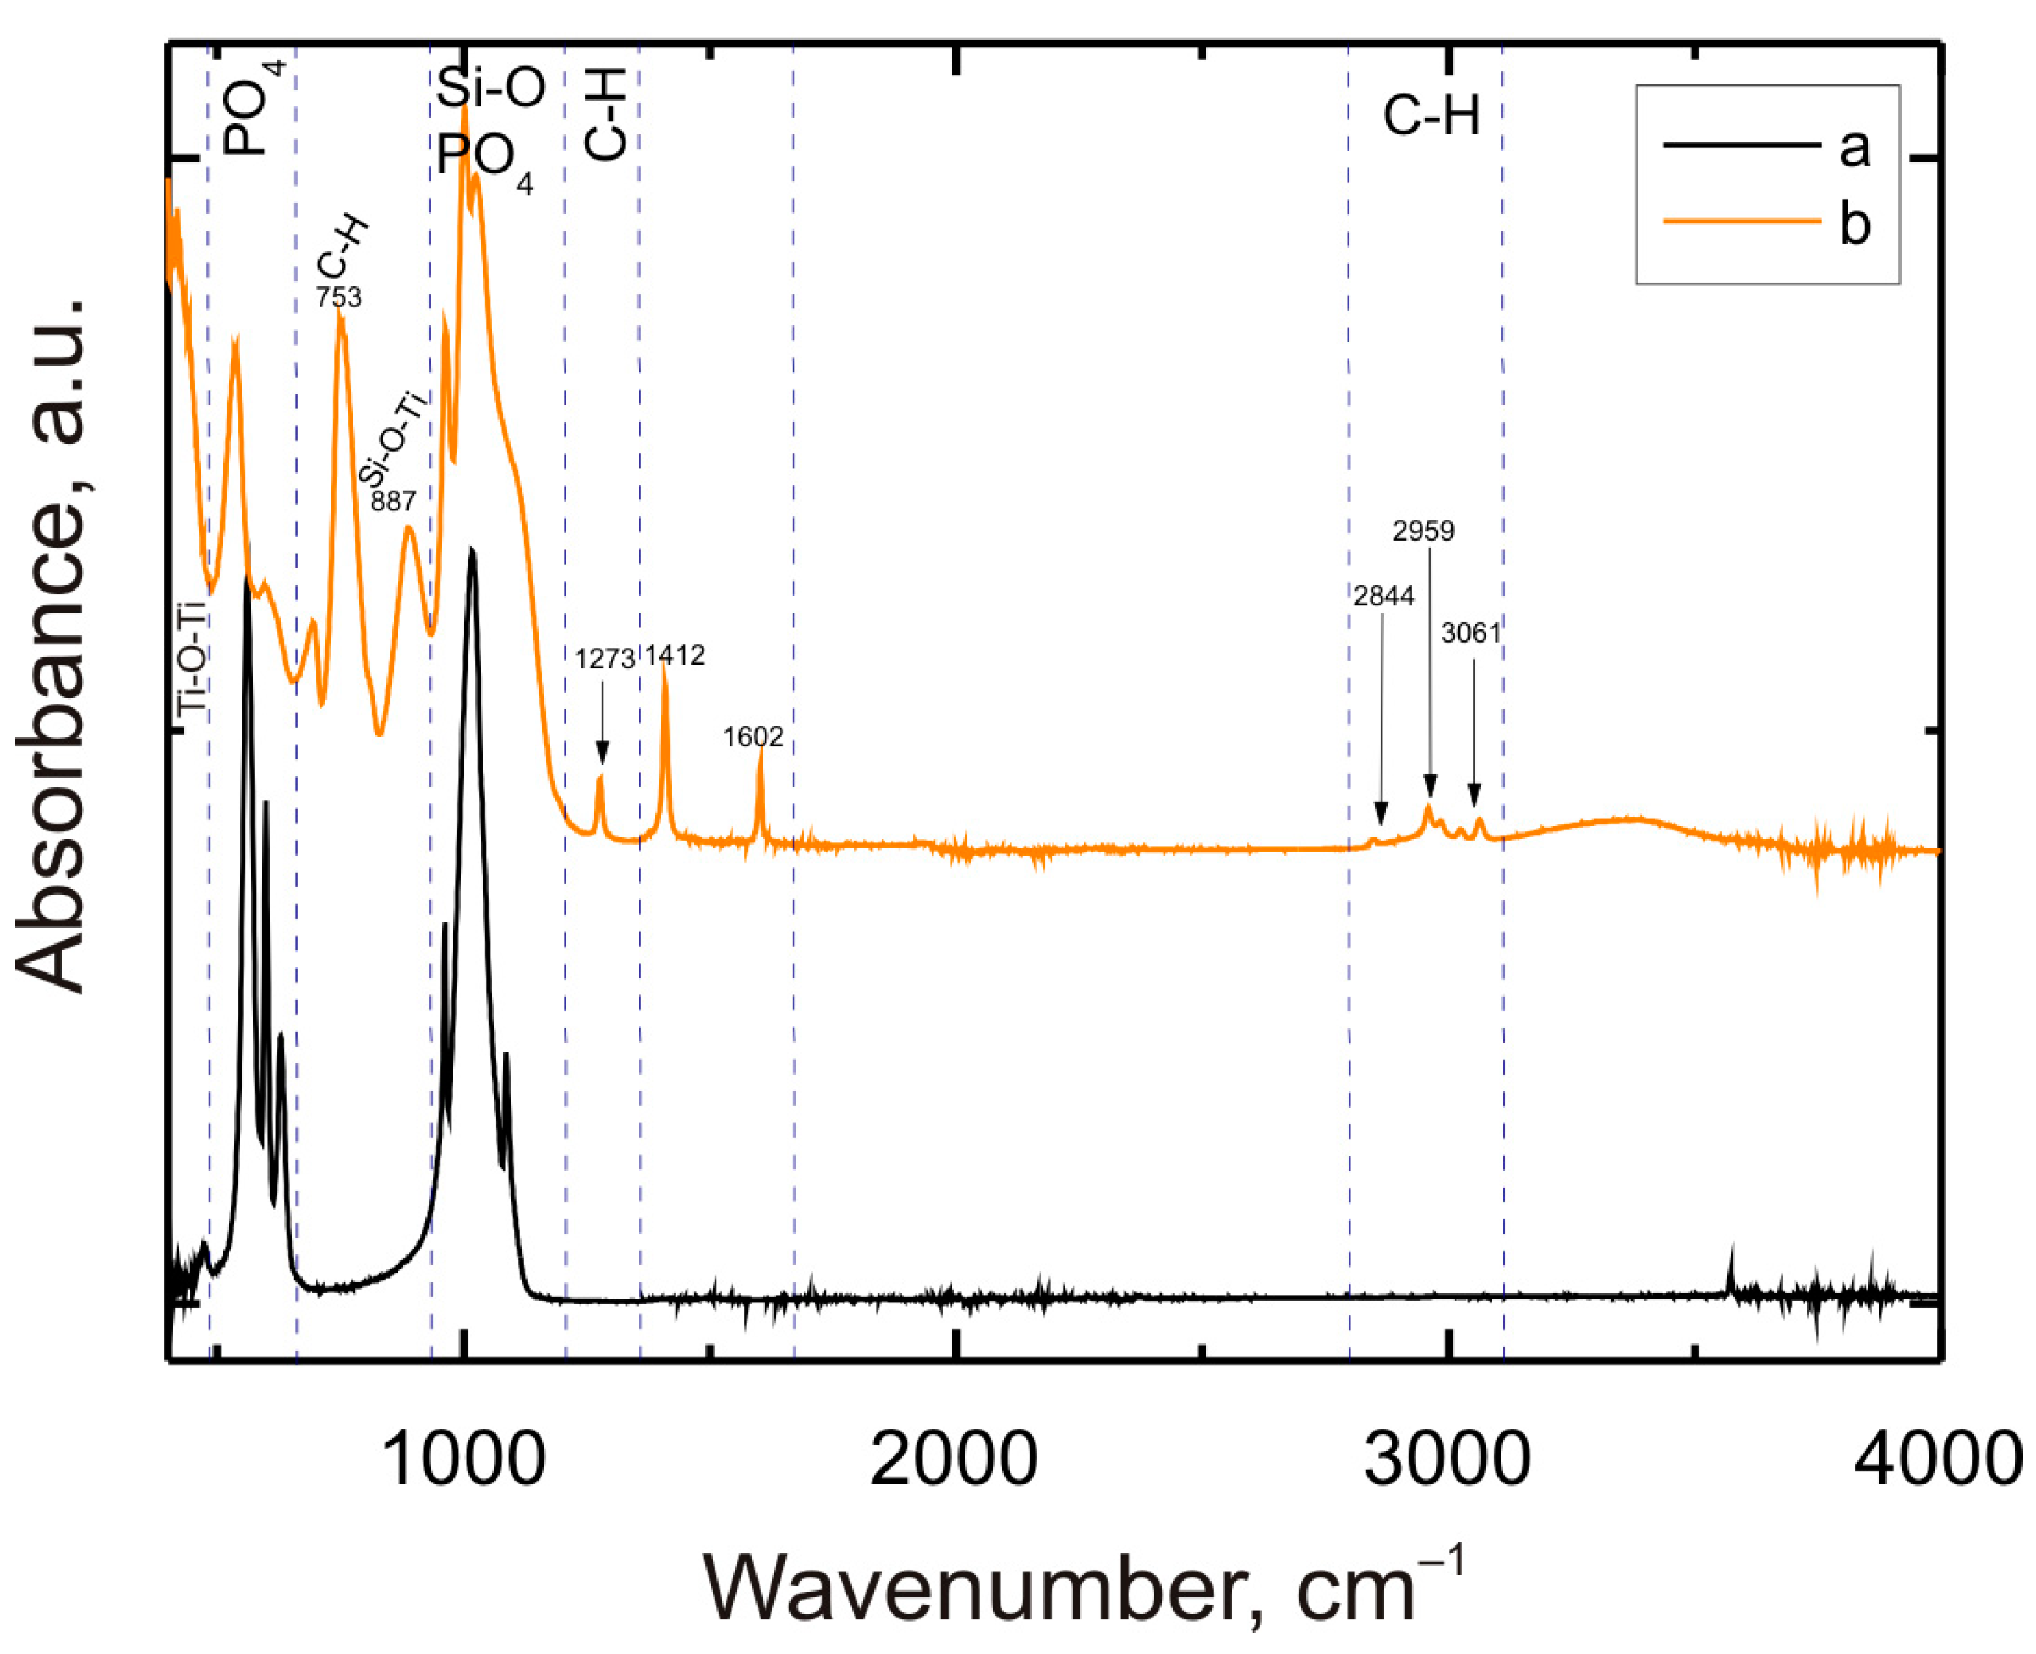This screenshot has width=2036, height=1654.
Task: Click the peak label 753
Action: coord(339,298)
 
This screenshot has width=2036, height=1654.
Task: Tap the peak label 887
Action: coord(392,500)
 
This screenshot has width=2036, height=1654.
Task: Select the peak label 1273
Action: coord(604,660)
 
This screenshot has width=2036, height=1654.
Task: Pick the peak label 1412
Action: coord(675,655)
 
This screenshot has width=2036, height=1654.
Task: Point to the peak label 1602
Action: coord(753,737)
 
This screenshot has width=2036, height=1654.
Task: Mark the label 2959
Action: coord(1423,532)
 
